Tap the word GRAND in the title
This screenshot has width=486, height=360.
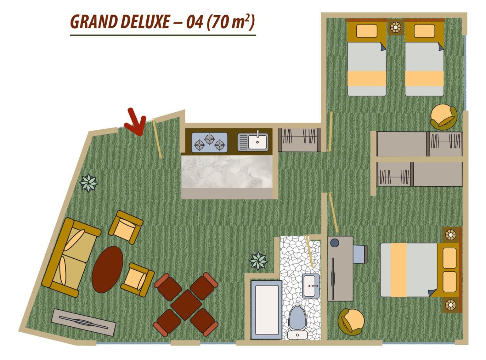pos(93,22)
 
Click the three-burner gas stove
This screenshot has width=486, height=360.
pos(210,142)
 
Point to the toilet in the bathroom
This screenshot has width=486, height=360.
pos(297,322)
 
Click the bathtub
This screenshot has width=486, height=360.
pos(267,309)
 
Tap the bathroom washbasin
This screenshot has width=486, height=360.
pos(311,286)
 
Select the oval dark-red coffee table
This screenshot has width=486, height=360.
pos(107,269)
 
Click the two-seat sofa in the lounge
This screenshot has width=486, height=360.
pos(71,257)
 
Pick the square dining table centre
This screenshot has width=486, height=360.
pos(186,305)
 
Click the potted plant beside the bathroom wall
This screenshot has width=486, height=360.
pos(258,261)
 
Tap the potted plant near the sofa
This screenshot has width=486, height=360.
pos(89,183)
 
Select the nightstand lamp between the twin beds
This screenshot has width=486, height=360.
pos(396,28)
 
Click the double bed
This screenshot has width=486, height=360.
pos(421,270)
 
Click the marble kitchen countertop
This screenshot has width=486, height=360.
pos(227,172)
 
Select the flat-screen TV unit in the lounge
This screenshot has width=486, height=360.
pos(83,323)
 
